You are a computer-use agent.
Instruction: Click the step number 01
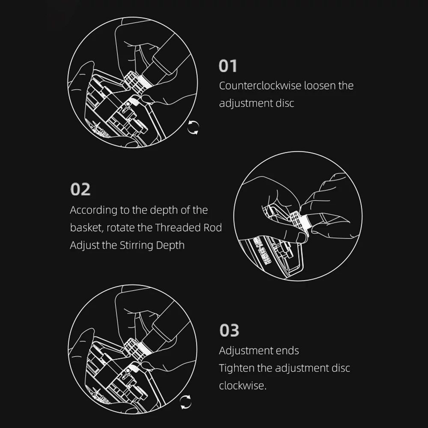click(228, 66)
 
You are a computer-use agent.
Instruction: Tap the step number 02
click(80, 189)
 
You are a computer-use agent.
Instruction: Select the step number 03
click(229, 330)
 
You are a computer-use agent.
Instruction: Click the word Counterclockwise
click(260, 86)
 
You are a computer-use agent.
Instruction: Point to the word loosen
click(320, 86)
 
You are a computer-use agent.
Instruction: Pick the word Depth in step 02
click(170, 245)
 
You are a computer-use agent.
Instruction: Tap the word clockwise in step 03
click(242, 386)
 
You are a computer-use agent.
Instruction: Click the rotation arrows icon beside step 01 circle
click(193, 128)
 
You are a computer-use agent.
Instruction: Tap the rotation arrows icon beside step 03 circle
click(186, 402)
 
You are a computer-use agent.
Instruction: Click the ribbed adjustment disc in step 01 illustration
click(134, 81)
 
